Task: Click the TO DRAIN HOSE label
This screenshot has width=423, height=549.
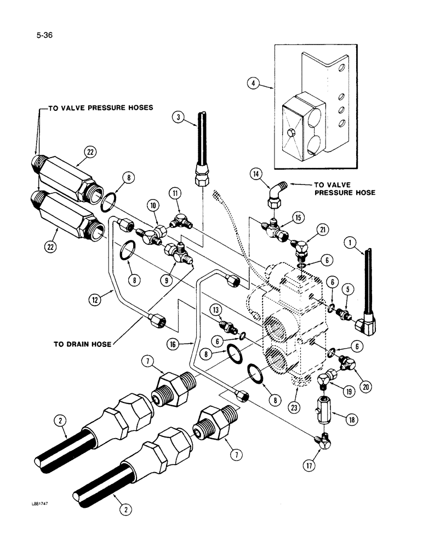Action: click(x=82, y=344)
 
